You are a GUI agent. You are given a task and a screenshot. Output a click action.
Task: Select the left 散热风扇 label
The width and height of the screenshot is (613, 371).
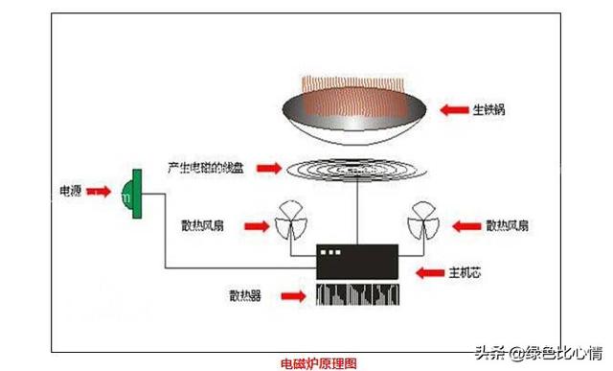[203, 226]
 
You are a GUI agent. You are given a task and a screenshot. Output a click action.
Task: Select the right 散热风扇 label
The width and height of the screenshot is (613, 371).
[509, 226]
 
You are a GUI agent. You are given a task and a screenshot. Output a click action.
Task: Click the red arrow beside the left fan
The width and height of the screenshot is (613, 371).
[256, 226]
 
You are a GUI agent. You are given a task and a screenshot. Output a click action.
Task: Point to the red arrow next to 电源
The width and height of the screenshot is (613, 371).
[98, 193]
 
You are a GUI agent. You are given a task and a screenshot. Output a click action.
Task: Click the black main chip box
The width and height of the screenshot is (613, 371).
[357, 261]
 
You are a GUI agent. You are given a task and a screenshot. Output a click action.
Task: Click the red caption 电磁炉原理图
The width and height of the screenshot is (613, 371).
[319, 362]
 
